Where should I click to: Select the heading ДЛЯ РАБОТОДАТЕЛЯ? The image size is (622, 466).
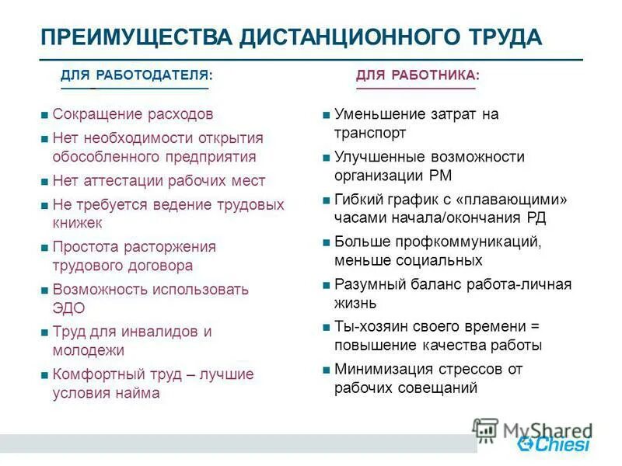137,75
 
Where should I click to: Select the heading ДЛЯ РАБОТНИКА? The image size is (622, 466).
418,75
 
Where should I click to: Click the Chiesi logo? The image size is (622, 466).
554,443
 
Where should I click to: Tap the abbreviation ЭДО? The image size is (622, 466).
68,308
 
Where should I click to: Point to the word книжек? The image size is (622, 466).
78,222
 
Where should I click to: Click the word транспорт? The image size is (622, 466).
371,133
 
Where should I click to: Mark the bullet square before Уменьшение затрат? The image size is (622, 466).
327,116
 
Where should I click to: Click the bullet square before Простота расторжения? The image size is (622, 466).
44,248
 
